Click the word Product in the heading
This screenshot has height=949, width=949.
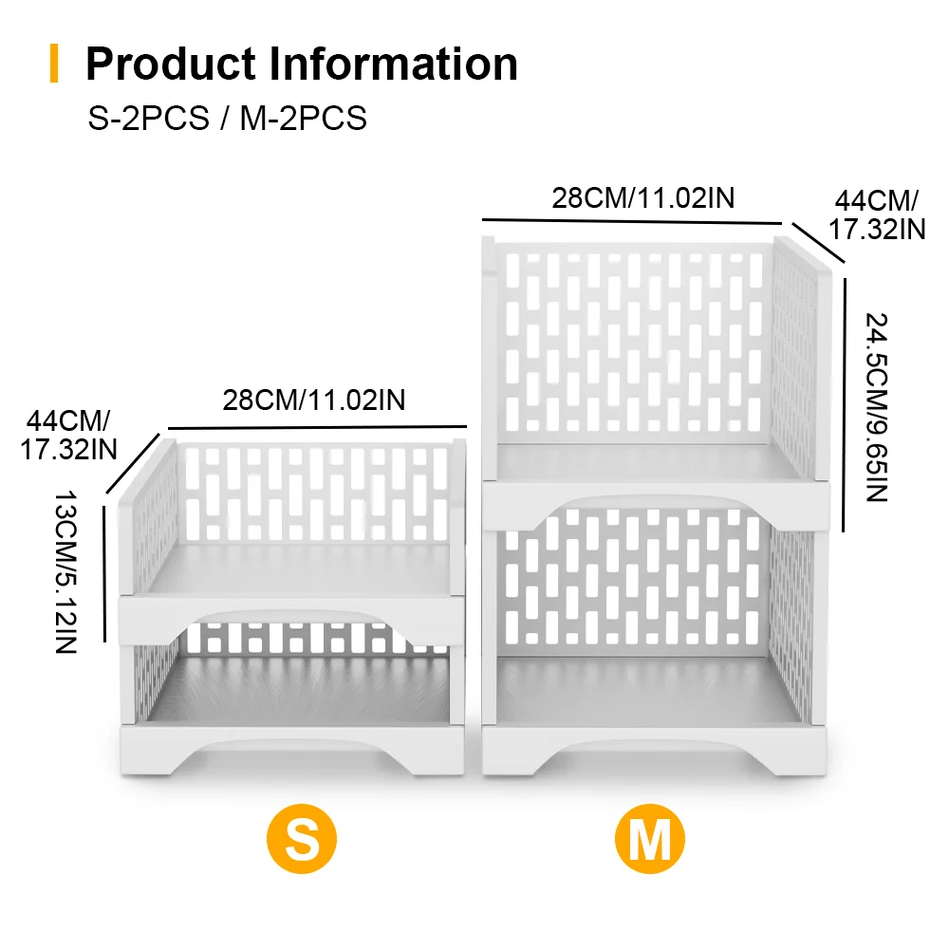point(171,65)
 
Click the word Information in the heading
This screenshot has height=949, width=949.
point(394,64)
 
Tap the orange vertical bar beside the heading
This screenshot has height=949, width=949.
point(54,63)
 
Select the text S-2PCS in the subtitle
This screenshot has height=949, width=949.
point(149,118)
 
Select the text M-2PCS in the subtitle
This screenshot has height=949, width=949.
point(304,118)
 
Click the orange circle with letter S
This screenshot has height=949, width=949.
point(302,839)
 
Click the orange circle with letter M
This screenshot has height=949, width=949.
point(650,839)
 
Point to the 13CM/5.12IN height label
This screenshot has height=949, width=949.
point(66,572)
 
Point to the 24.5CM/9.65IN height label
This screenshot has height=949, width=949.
point(876,407)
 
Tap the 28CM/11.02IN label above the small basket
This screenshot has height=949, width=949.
point(314,400)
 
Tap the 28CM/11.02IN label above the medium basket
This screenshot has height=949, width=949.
point(643,198)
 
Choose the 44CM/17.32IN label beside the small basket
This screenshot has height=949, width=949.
point(68,436)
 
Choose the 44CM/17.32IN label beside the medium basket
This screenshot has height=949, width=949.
point(877,215)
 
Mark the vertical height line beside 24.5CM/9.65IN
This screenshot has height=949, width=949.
point(845,405)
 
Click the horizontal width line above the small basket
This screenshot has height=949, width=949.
point(317,428)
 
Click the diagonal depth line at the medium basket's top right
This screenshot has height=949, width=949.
point(818,243)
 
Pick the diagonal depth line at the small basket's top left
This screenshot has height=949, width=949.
point(133,463)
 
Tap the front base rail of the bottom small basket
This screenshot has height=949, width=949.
point(292,750)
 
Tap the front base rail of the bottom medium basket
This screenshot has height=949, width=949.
point(654,750)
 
